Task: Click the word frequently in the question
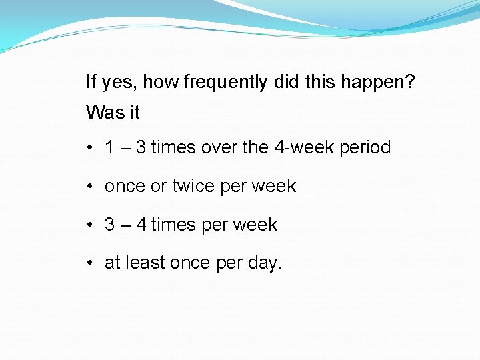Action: tap(225, 83)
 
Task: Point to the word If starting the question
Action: tap(91, 83)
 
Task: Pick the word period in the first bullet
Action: tap(365, 147)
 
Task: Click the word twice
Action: tap(193, 186)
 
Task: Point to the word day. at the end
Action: tap(265, 264)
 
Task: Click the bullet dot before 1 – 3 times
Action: tap(89, 148)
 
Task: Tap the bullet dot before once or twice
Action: tap(89, 187)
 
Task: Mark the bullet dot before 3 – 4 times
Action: tap(89, 225)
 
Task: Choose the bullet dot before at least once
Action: tap(89, 264)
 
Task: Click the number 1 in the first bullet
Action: tap(109, 147)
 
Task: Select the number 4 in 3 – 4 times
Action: tap(141, 225)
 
